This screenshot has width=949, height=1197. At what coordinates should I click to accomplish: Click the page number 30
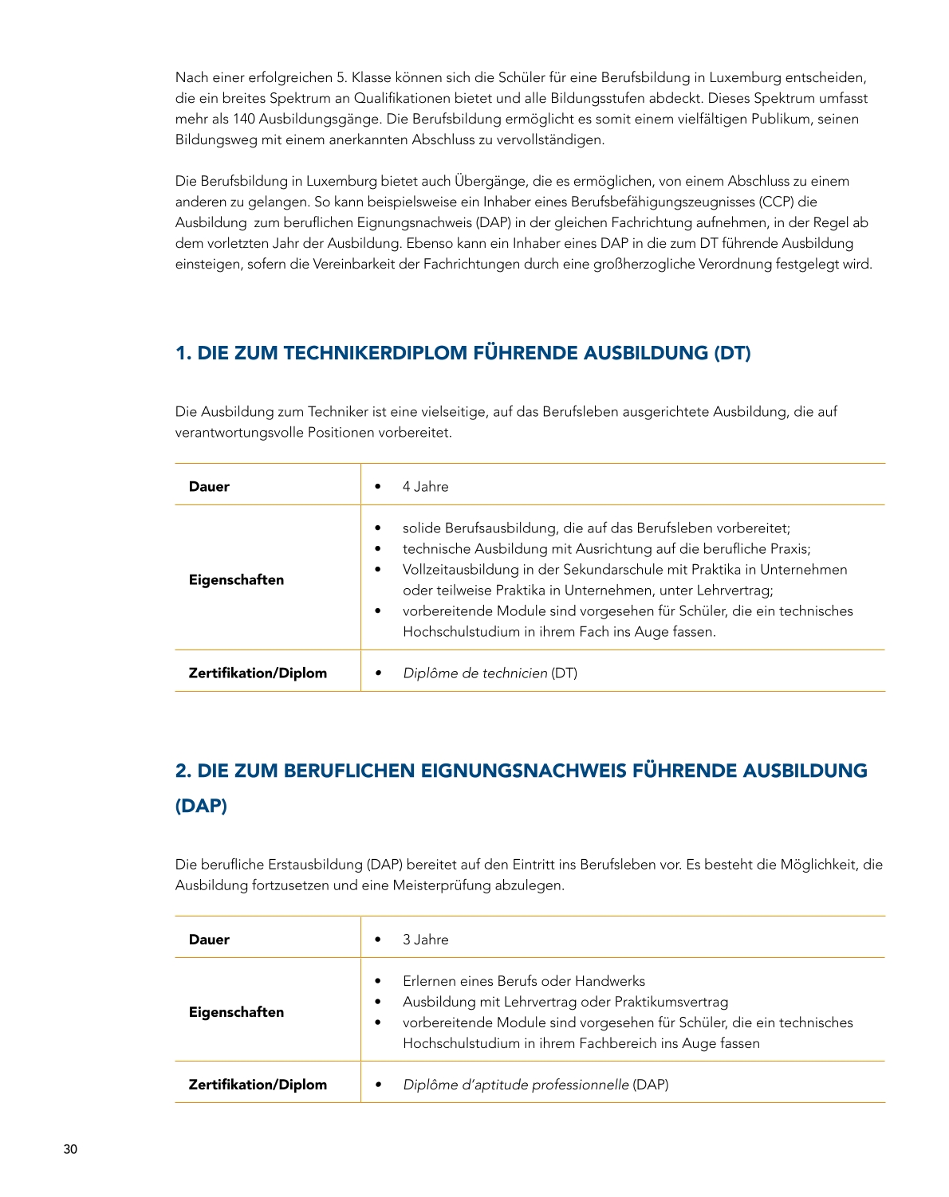[x=70, y=1149]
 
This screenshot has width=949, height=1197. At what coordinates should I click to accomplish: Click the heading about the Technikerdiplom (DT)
[x=463, y=353]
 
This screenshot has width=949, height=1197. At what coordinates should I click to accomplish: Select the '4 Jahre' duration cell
[x=425, y=487]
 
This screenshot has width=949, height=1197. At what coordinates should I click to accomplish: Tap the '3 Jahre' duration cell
[x=425, y=940]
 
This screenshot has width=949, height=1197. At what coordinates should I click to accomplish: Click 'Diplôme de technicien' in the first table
[x=475, y=673]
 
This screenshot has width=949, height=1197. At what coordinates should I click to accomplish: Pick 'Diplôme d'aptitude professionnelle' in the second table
[x=515, y=1085]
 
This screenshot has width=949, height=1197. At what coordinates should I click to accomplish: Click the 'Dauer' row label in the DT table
[x=209, y=487]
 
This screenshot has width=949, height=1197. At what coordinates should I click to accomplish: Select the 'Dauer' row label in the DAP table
[x=209, y=940]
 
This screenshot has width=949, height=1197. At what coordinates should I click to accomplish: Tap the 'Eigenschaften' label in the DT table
[x=236, y=580]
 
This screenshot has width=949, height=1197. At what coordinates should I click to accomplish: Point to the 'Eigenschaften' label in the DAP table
[x=236, y=1012]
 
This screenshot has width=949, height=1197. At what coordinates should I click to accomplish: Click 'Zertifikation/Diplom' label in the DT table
[x=258, y=673]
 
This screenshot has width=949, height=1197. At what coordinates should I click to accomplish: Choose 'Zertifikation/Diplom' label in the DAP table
[x=258, y=1085]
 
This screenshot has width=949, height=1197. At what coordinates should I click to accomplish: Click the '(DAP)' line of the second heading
[x=201, y=806]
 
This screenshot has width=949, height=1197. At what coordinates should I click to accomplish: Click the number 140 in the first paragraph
[x=243, y=120]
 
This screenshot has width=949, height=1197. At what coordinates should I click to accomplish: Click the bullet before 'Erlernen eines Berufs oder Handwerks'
[x=378, y=982]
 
